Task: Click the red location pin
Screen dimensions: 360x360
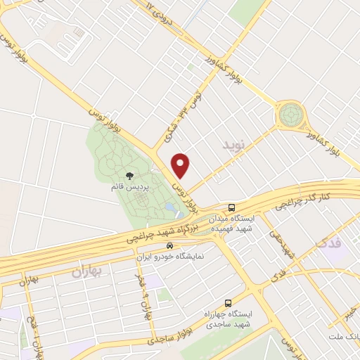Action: coord(182,165)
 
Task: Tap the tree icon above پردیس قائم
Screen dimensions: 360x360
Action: coord(129,176)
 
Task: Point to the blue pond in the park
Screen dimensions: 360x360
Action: coord(171,209)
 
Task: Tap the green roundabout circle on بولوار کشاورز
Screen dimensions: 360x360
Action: coord(289,114)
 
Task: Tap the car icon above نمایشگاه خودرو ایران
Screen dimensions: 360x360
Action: coord(169,246)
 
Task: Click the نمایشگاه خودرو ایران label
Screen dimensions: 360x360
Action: coord(173,257)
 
